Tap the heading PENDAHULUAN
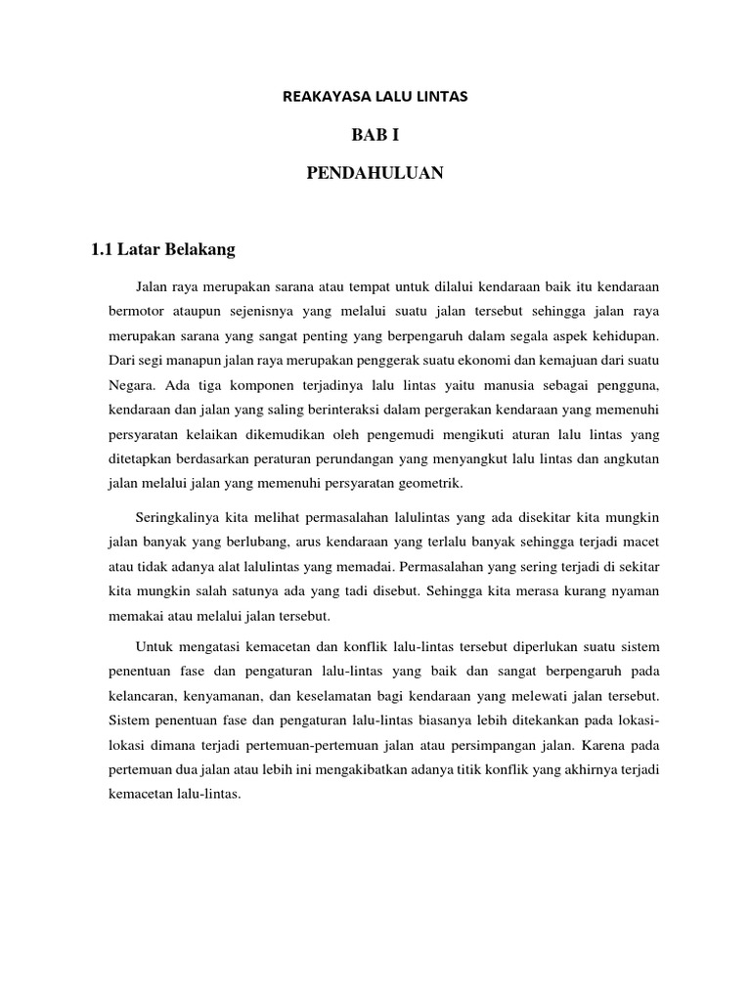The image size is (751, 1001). coord(375,173)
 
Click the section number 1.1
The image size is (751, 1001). coord(103,250)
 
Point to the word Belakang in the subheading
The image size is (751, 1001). coord(202,250)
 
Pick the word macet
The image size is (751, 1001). coord(643,541)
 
